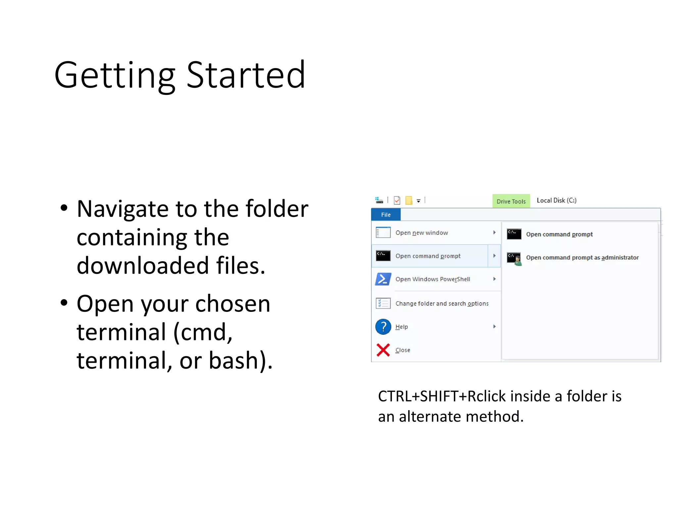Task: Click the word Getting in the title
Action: point(114,75)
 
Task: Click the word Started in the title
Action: point(246,75)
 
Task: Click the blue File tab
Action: point(386,215)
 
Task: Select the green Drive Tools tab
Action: point(511,201)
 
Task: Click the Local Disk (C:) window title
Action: point(556,200)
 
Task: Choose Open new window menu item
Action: point(421,233)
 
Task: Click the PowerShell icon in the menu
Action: point(383,279)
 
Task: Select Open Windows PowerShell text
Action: point(432,279)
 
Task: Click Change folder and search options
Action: point(442,304)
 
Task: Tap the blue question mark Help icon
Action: point(383,327)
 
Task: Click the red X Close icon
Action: point(383,350)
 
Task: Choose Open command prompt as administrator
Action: point(582,258)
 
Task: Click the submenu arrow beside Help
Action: point(494,327)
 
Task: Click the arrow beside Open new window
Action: point(494,233)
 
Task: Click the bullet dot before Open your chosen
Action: point(64,302)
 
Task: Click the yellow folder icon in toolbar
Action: point(409,200)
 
